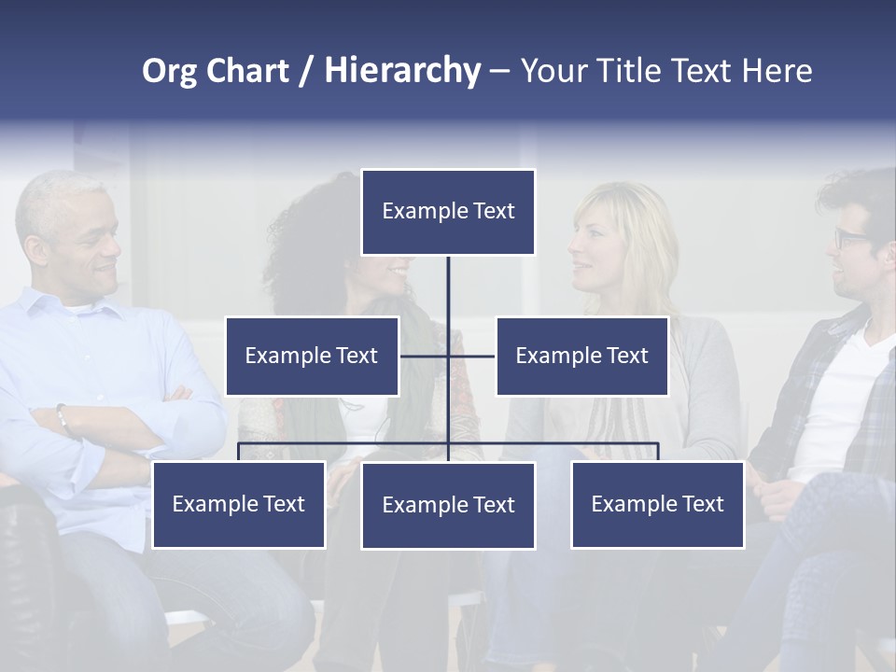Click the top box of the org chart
tap(448, 212)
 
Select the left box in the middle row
tap(312, 356)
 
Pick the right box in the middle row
tap(581, 356)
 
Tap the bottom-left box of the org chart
tap(238, 504)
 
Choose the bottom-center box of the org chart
tap(448, 505)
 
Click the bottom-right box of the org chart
tap(657, 504)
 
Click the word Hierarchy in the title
tap(402, 71)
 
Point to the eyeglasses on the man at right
tap(850, 238)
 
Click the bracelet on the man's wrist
tap(63, 419)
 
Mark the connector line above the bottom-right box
tap(658, 452)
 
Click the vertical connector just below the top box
tap(448, 280)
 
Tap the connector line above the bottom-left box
tap(239, 452)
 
